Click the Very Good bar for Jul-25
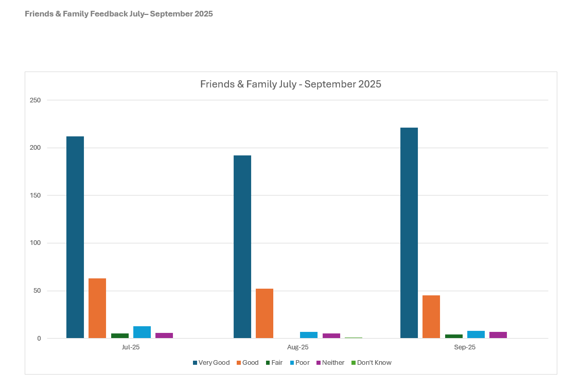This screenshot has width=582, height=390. (x=75, y=237)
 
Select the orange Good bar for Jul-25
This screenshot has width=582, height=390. (x=97, y=308)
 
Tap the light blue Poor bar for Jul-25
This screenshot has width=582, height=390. (x=142, y=332)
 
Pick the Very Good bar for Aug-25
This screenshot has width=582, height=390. (x=242, y=247)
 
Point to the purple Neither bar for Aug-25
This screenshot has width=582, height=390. (x=331, y=335)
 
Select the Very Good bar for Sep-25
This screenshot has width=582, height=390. (x=409, y=233)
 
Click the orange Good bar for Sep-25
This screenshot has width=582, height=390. (x=431, y=316)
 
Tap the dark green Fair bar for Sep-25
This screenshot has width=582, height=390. (x=454, y=336)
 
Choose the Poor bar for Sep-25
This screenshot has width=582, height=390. (x=476, y=334)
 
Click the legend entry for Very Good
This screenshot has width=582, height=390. (x=211, y=363)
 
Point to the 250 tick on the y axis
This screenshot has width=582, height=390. (x=35, y=100)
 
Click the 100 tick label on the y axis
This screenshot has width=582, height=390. (x=35, y=243)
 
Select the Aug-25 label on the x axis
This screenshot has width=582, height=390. (x=298, y=347)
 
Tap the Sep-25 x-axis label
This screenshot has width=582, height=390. (x=465, y=347)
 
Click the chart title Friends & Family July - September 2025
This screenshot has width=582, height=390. (x=291, y=84)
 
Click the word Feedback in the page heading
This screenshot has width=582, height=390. (x=107, y=14)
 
